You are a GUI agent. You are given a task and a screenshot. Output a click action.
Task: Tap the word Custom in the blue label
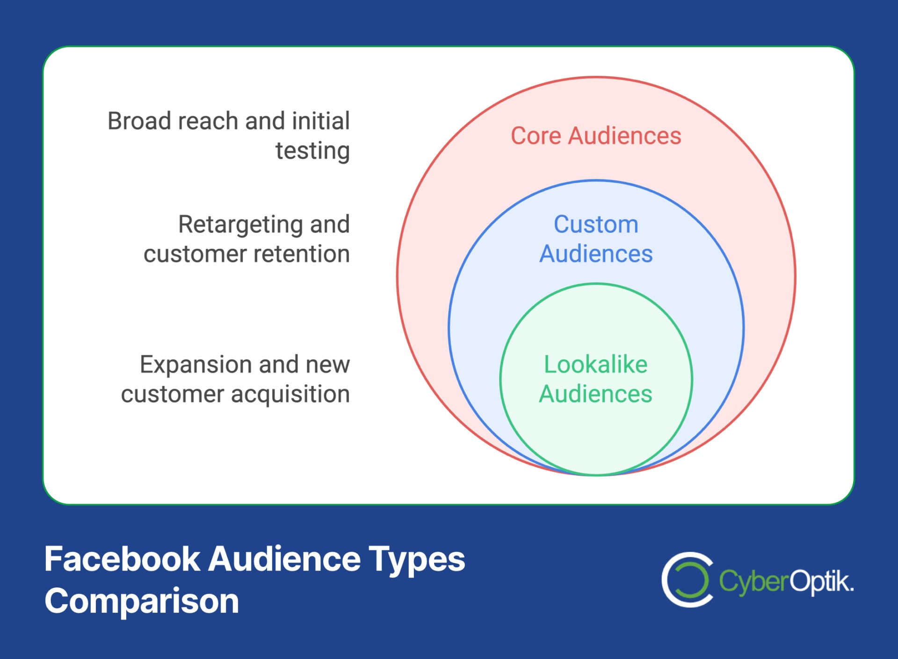(596, 224)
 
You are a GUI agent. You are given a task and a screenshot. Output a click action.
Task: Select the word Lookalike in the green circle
(595, 365)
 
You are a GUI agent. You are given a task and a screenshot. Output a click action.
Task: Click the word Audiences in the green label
(595, 394)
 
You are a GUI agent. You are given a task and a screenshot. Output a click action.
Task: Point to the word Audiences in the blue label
(596, 254)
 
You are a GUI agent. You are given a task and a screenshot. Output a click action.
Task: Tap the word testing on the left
(312, 151)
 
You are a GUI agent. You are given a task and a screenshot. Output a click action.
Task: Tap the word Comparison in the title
(142, 601)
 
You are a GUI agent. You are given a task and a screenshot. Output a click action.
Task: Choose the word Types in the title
(416, 560)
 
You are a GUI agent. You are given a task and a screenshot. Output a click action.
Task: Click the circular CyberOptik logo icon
(687, 579)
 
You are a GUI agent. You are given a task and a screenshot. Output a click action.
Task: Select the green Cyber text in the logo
(753, 582)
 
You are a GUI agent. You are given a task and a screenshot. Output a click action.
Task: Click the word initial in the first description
(320, 121)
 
